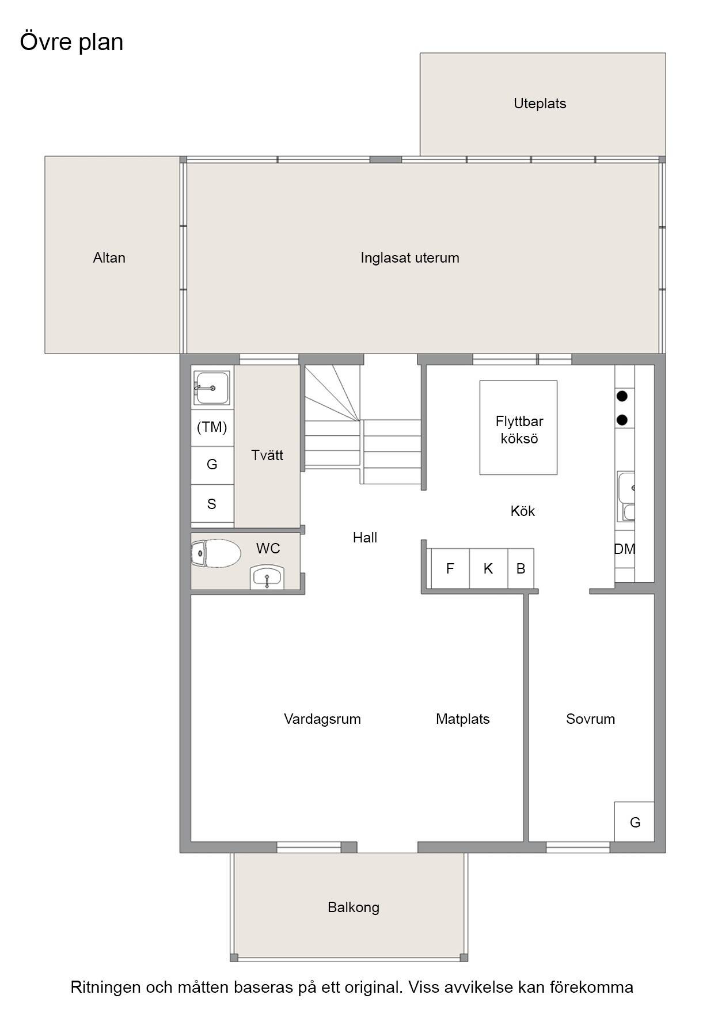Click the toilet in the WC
click(x=215, y=554)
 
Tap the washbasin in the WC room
click(x=267, y=577)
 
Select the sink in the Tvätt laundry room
click(x=212, y=388)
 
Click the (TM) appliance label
click(x=212, y=427)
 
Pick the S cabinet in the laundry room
click(x=212, y=504)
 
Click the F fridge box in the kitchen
click(x=450, y=568)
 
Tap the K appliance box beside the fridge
click(x=488, y=568)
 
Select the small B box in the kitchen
click(x=521, y=568)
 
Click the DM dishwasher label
click(x=624, y=549)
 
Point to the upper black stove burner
click(x=622, y=396)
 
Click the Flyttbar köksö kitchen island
click(x=518, y=428)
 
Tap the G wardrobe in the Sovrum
click(x=635, y=822)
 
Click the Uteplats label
click(x=540, y=104)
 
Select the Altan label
click(x=109, y=257)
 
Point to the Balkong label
click(x=354, y=908)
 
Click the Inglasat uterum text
click(x=410, y=258)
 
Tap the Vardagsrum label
click(x=322, y=719)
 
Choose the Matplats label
click(x=463, y=719)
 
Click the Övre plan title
click(x=72, y=42)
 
